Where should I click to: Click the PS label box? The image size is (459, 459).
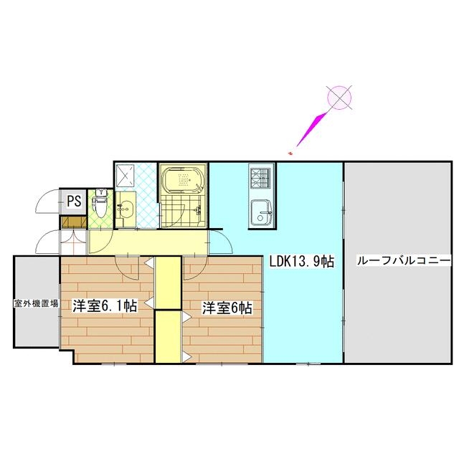[x=73, y=202]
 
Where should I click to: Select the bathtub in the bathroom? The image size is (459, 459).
[x=183, y=181]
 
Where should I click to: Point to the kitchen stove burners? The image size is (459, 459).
[x=259, y=176]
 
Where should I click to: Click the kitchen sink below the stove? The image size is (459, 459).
[x=260, y=213]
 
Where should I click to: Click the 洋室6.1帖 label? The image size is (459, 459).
[x=105, y=306]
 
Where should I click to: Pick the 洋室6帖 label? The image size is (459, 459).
[x=226, y=308]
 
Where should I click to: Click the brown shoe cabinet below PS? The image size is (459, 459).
[x=74, y=221]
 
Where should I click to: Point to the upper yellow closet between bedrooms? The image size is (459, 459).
[x=169, y=283]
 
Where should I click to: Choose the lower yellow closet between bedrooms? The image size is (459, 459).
[x=169, y=337]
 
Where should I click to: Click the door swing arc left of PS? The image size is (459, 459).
[x=49, y=201]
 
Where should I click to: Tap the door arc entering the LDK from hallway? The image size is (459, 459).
[x=222, y=243]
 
